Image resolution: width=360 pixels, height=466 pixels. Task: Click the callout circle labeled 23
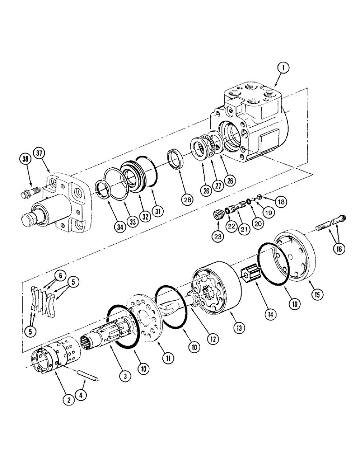point(218,235)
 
